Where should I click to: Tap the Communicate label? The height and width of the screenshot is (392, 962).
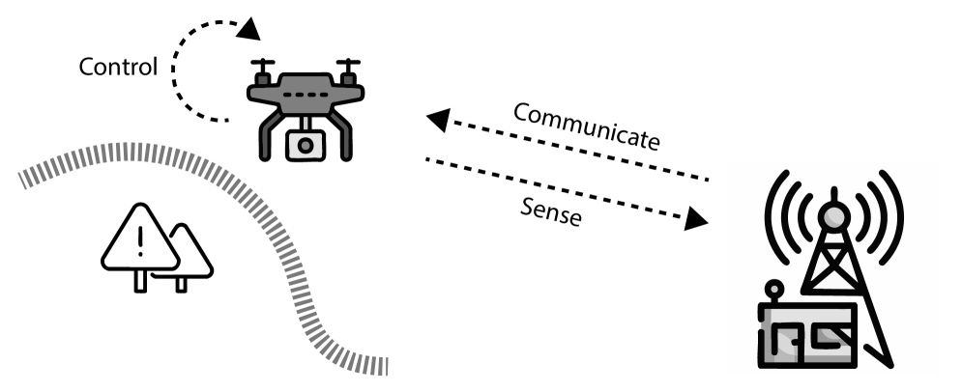586,126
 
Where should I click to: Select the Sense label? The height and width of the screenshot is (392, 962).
550,210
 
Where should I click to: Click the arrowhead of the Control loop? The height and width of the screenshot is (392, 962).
250,30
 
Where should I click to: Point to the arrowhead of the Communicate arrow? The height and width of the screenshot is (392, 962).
437,120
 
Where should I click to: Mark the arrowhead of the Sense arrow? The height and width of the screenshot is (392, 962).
696,221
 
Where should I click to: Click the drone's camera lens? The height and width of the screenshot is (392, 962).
306,146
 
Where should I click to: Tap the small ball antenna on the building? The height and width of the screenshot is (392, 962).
773,287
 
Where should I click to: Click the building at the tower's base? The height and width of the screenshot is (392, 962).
807,333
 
